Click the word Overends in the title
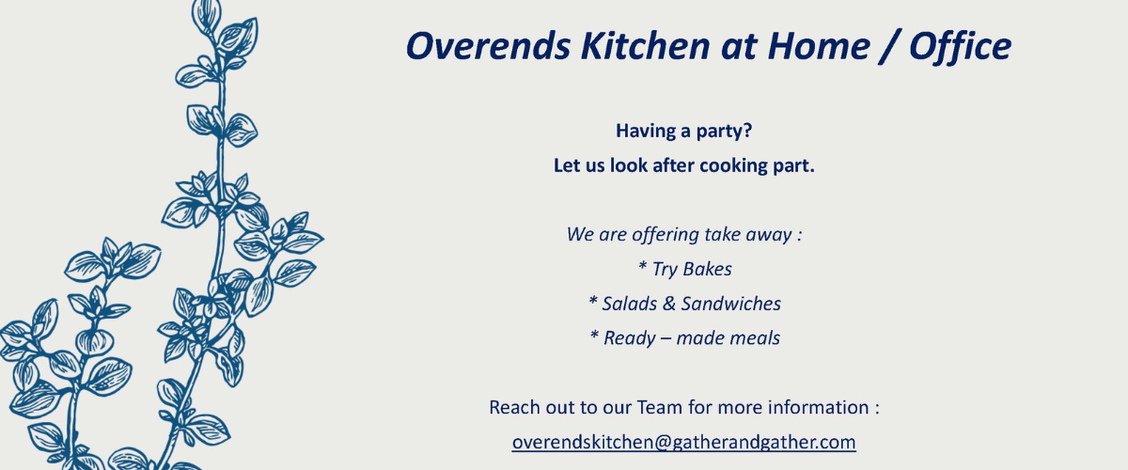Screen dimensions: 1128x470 (x=488, y=46)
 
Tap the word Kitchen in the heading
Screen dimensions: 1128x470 (x=646, y=45)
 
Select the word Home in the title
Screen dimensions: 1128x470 (x=819, y=46)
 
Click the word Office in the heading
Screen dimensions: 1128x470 (x=960, y=46)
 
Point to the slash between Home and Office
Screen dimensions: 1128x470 (x=889, y=48)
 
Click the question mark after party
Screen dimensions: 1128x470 (x=747, y=131)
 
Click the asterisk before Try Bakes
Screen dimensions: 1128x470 (x=642, y=265)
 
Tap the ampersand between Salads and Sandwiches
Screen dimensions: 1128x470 (x=668, y=304)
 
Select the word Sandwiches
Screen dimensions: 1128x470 (x=731, y=304)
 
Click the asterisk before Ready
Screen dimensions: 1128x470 (x=594, y=334)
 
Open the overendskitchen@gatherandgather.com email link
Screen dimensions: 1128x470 (x=684, y=443)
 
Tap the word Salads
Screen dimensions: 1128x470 (x=630, y=304)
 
